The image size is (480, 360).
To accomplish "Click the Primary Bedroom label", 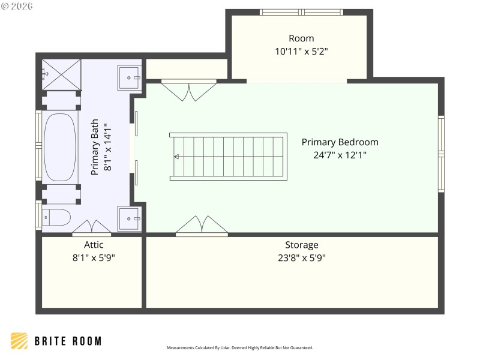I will tap(340, 142).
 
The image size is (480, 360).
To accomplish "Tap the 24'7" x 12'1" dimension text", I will tap(340, 155).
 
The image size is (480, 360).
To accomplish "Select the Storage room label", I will tap(301, 245).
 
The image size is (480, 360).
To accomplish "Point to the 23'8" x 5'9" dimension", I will tap(301, 258).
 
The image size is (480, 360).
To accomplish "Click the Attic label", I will tap(94, 245).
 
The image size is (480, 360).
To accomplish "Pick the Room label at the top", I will tap(301, 38).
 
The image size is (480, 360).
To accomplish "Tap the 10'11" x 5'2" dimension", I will tap(301, 52).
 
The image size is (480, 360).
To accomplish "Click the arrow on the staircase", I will tap(177, 157).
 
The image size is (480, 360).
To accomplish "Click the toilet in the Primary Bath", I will tap(56, 217).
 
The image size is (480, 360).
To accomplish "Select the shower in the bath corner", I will tap(61, 74).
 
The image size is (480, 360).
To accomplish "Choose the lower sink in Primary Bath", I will tap(130, 219).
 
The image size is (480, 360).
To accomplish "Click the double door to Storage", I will tap(202, 226).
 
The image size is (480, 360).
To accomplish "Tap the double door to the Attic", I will tap(91, 227).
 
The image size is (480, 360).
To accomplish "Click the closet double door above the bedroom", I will tap(188, 89).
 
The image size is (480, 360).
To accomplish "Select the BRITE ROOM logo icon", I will tap(19, 341).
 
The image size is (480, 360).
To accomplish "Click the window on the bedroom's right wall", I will tap(441, 154).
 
